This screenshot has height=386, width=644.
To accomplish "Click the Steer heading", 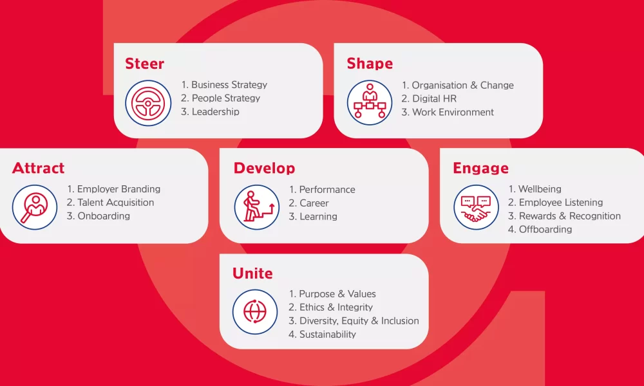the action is point(144,64).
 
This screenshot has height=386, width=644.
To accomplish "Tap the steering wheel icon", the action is point(148,103).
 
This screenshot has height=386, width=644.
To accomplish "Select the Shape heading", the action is point(370,64).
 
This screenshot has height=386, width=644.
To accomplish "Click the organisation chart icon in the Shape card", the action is point(370,102).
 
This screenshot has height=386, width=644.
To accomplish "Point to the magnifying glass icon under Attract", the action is point(35,207).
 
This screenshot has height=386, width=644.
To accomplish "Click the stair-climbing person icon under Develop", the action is point(257,207).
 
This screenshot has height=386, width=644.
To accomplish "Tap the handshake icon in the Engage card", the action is point(476,207).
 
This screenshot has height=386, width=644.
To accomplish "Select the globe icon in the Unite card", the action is point(255,312).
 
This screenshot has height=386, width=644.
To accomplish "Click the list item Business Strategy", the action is point(224,85).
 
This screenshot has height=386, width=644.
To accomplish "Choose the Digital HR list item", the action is point(429,98).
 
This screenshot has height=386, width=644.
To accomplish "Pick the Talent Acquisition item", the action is point(111,203).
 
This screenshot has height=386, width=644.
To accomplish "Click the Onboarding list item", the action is point(99,216).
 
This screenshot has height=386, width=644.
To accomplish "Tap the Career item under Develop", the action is point(309,203).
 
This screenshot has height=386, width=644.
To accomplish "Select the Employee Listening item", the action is point(555,203).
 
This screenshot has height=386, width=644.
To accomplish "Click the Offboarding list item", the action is point(540,229).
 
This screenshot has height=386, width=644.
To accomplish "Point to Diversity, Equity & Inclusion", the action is point(354,321).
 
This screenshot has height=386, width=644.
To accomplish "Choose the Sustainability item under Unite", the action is point(322,335).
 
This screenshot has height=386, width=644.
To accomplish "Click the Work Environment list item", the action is point(448,112).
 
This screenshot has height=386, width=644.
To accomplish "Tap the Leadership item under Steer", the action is point(211,111).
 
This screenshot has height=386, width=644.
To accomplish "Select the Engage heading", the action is point(480,168).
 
